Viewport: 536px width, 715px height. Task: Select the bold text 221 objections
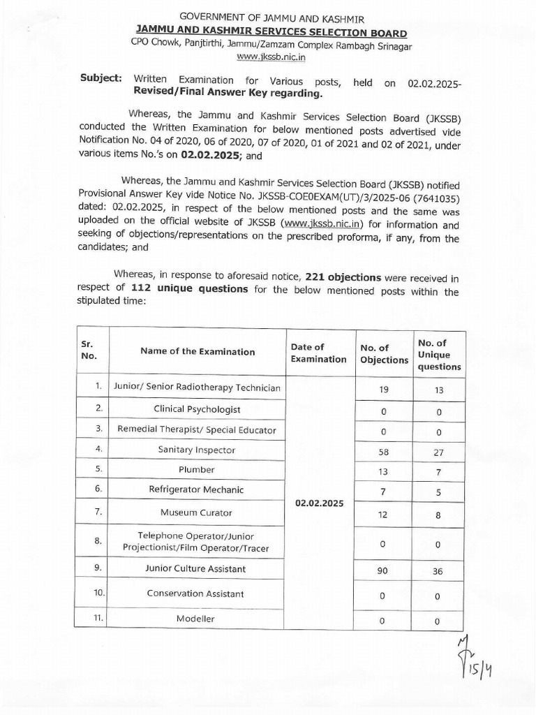click(x=343, y=278)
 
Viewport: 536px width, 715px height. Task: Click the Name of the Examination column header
click(x=198, y=352)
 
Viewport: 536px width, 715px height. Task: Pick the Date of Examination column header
click(x=318, y=353)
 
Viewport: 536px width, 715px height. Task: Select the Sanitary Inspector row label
click(x=198, y=450)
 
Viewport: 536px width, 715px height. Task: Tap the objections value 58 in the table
click(x=383, y=451)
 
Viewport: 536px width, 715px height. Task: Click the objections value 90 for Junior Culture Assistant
click(x=383, y=570)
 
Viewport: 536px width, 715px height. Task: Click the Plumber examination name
click(x=198, y=470)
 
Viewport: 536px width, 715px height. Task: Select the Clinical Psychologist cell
click(x=198, y=408)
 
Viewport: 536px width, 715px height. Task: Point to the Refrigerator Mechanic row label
click(x=198, y=489)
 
